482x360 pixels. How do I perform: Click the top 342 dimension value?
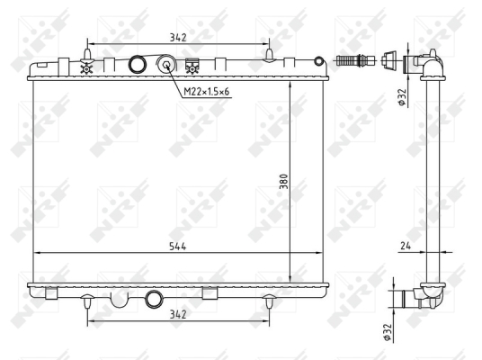(x=178, y=38)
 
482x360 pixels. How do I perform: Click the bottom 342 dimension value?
(x=178, y=314)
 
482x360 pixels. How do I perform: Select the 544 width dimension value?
(x=178, y=247)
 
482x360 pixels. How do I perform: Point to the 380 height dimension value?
(x=284, y=182)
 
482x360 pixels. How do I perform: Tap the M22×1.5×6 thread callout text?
(x=206, y=92)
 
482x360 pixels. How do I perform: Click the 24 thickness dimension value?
(x=406, y=246)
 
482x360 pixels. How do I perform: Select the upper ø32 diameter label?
(x=402, y=97)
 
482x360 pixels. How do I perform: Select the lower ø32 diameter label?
(x=388, y=332)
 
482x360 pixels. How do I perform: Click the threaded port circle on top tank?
(x=166, y=64)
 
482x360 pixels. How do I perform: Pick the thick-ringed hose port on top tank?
(x=137, y=64)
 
